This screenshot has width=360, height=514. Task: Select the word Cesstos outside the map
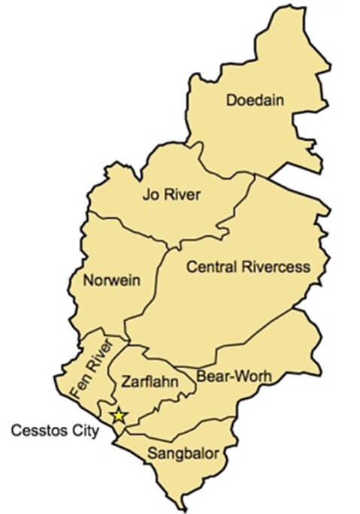[35, 431]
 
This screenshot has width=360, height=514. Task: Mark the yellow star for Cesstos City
[118, 416]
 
